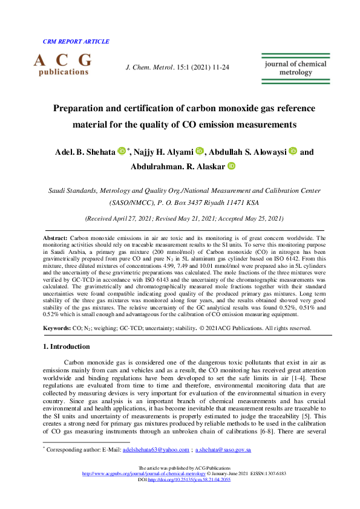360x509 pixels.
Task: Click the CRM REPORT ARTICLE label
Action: tap(76, 42)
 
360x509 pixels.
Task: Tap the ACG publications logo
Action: tap(63, 64)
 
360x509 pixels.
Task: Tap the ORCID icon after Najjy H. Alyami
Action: tap(201, 151)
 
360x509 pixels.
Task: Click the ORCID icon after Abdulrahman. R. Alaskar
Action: tap(231, 166)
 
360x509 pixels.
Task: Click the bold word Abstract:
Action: tap(56, 239)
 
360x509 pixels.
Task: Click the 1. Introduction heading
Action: tap(67, 346)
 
